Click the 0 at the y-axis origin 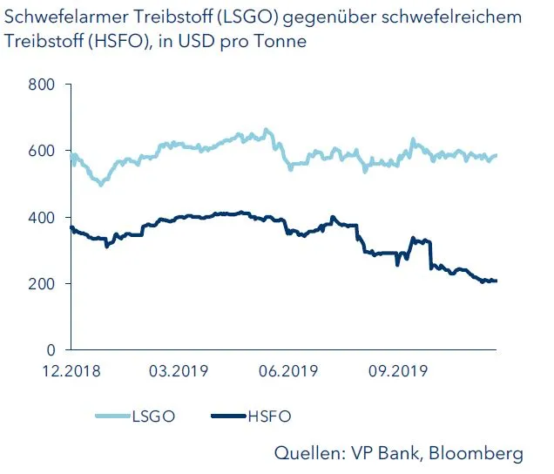(x=51, y=350)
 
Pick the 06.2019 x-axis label (x=287, y=370)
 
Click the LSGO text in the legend (x=153, y=416)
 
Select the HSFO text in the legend (x=268, y=416)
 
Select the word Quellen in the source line (x=307, y=453)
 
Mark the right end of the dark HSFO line (x=496, y=281)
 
